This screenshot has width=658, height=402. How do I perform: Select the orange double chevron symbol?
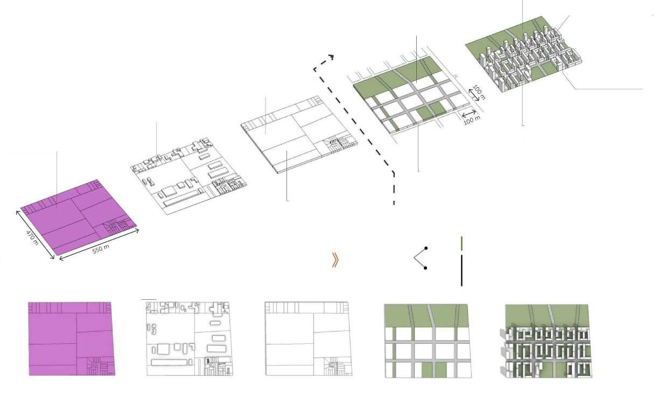coord(335,260)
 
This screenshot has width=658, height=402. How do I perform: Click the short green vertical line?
coord(462,243)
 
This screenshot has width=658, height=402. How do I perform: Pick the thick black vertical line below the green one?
coord(461,271)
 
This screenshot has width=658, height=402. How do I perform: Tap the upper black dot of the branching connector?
coord(426,248)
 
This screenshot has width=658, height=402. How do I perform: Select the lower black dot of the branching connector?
coord(426,267)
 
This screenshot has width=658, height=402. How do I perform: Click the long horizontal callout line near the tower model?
coord(606,88)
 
